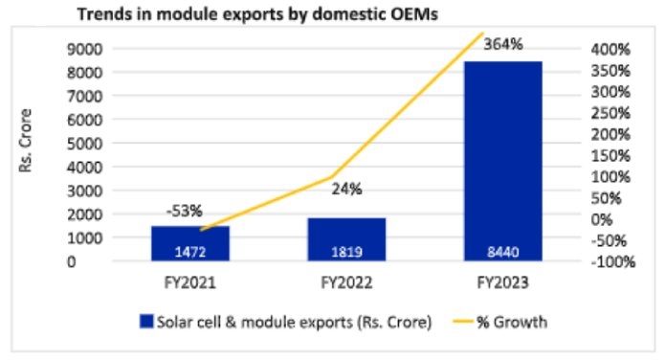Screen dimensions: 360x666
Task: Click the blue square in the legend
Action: (146, 322)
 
